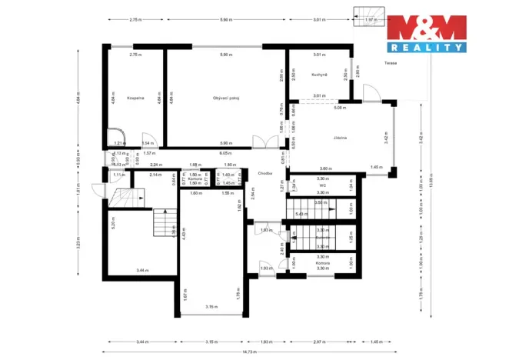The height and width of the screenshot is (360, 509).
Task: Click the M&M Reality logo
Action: pyautogui.click(x=426, y=32)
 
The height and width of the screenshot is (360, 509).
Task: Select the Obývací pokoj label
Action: pyautogui.click(x=225, y=98)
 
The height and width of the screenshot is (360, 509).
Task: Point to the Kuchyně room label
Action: pyautogui.click(x=320, y=75)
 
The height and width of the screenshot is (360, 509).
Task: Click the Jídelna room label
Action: pyautogui.click(x=340, y=137)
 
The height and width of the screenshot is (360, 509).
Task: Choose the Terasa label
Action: pyautogui.click(x=391, y=63)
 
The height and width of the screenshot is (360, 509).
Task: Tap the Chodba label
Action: pyautogui.click(x=266, y=173)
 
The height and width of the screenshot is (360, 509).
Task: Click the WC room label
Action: pyautogui.click(x=323, y=185)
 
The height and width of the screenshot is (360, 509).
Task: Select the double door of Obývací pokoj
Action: pyautogui.click(x=263, y=144)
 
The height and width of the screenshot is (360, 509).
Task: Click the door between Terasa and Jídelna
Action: pyautogui.click(x=372, y=92)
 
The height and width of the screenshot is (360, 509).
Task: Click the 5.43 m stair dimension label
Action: pyautogui.click(x=301, y=213)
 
